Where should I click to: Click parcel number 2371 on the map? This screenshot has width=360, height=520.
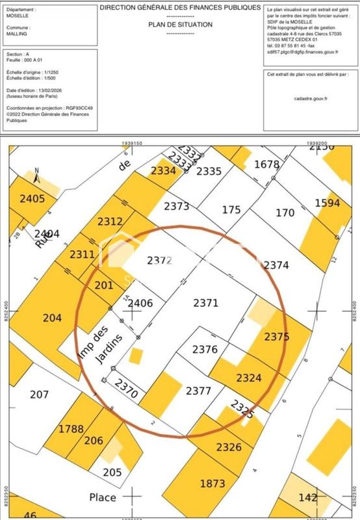point(206,302)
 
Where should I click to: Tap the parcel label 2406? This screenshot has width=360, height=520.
point(140,303)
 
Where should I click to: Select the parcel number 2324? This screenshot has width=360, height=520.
point(249,377)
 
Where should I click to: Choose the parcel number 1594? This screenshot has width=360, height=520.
point(328,203)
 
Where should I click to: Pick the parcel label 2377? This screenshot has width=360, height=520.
point(198,391)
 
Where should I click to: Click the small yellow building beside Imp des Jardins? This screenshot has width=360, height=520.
point(136,356)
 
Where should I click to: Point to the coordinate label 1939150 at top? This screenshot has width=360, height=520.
point(132,142)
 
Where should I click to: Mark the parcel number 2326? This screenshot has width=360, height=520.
point(229,447)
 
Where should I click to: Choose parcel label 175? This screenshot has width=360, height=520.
point(231,210)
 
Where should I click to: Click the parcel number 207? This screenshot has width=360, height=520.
point(40,394)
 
